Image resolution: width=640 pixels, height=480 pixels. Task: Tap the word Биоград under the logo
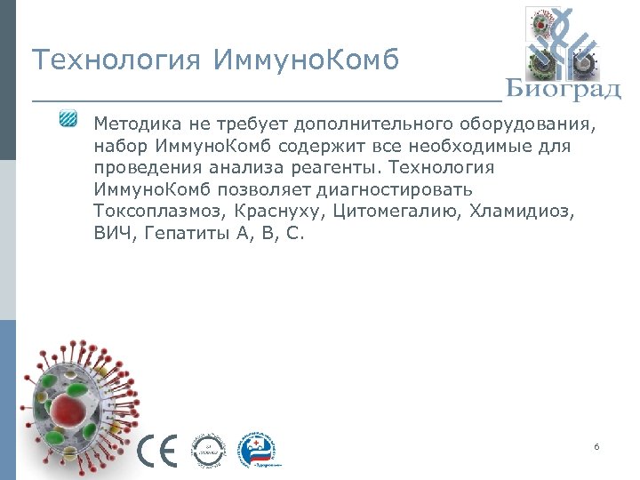(564, 90)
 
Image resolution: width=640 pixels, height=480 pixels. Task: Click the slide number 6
(596, 445)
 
